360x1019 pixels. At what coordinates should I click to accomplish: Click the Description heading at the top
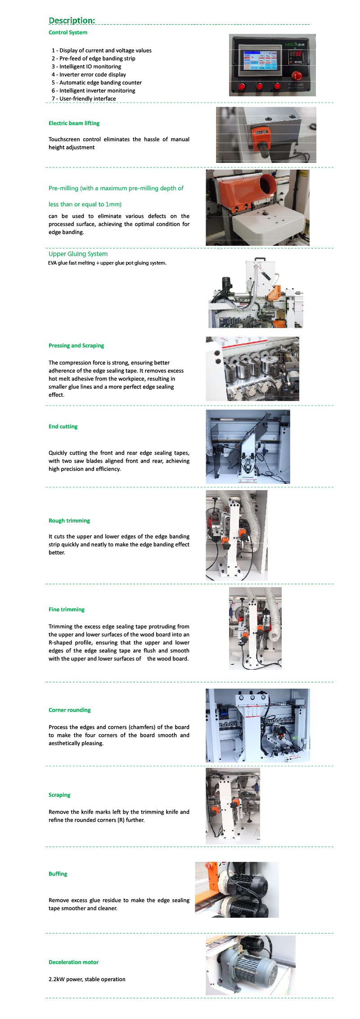72,20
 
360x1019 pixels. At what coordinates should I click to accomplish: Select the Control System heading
68,32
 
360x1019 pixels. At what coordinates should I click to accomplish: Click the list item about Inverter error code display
89,75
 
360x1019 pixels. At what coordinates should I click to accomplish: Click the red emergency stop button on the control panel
297,76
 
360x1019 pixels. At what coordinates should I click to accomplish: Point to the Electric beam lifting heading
74,123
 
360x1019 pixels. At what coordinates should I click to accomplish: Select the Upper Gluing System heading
78,254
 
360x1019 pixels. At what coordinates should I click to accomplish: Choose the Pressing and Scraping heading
76,346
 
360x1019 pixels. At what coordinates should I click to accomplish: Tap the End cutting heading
63,427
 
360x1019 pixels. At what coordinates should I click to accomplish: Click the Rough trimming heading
69,521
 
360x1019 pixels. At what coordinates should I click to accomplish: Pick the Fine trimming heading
67,609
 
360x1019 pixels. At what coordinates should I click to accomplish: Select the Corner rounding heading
70,710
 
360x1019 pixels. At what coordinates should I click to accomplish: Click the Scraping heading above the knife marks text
59,795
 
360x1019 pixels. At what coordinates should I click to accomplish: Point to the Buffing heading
58,874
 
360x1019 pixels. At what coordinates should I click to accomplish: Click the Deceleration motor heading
74,962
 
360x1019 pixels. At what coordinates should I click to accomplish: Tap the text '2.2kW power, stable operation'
87,979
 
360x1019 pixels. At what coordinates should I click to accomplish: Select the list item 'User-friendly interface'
84,99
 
